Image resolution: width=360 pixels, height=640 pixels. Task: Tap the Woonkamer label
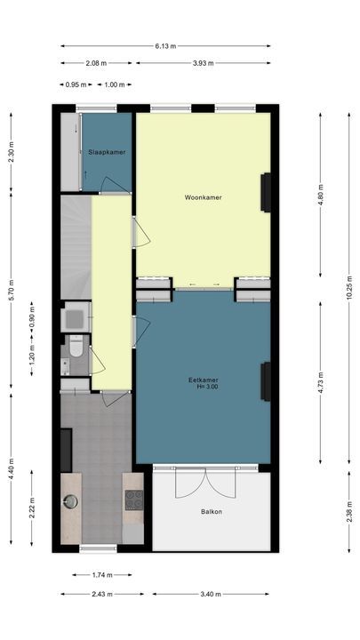[x=203, y=196]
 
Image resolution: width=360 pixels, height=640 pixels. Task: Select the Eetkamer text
[x=204, y=380]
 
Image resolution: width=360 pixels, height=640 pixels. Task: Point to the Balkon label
[x=212, y=512]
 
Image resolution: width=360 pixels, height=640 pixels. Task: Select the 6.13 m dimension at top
[x=165, y=46]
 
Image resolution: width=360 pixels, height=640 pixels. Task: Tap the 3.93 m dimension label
[x=204, y=63]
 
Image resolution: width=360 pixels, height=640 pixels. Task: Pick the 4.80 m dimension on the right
[x=321, y=199]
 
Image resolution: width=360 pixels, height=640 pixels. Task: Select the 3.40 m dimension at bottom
[x=212, y=594]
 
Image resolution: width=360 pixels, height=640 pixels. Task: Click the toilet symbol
[x=76, y=345]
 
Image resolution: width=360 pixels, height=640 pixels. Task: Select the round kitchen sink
[x=70, y=502]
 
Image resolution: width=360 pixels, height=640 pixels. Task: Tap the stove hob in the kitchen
[x=133, y=500]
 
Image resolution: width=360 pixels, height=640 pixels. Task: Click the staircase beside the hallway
[x=75, y=247]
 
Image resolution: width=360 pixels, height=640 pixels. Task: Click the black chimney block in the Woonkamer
[x=265, y=192]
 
